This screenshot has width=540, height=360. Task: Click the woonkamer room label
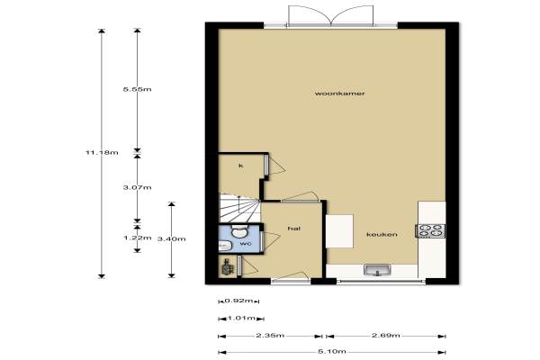click(x=339, y=94)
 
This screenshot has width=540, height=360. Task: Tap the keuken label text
click(x=382, y=235)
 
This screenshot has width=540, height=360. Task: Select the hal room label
click(x=294, y=229)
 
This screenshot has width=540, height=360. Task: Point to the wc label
click(x=246, y=244)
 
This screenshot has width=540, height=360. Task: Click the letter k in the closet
click(x=241, y=166)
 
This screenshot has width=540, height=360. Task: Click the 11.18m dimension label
click(x=102, y=152)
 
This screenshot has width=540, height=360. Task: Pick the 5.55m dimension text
click(x=137, y=89)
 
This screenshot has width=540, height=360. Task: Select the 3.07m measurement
click(x=137, y=187)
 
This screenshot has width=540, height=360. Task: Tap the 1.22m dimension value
click(x=137, y=238)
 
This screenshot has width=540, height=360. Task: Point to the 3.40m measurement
click(x=172, y=238)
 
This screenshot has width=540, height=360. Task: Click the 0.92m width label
click(x=238, y=301)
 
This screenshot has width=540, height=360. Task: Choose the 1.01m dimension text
click(x=241, y=318)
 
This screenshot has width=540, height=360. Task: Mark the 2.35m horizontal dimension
click(x=270, y=335)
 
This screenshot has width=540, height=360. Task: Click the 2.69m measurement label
click(x=386, y=335)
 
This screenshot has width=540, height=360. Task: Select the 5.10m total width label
click(x=332, y=352)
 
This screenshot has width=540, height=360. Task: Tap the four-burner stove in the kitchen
click(x=430, y=230)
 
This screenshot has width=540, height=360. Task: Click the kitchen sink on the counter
click(x=377, y=270)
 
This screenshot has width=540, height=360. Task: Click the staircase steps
click(x=239, y=207)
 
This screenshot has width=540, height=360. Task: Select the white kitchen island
click(x=339, y=231)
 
